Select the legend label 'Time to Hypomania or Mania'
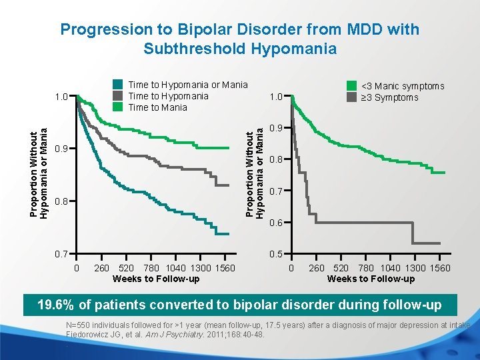[x=187, y=85]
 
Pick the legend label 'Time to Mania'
[x=157, y=107]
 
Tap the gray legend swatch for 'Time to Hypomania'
[x=118, y=96]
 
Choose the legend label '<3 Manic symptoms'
[x=402, y=86]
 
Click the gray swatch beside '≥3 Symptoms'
[x=351, y=97]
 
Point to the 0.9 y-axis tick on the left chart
[x=61, y=148]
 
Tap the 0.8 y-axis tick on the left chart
[x=61, y=201]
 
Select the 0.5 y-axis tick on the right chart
[x=275, y=255]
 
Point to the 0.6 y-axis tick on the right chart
[x=275, y=223]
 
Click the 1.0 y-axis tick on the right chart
[x=275, y=97]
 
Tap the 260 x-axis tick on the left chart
[x=101, y=268]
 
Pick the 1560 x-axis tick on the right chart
[x=437, y=268]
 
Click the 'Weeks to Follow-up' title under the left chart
[x=156, y=279]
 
